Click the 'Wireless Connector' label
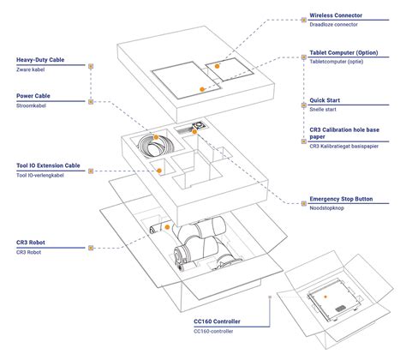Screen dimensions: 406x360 [336, 15]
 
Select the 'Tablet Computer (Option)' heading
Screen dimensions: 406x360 [343, 53]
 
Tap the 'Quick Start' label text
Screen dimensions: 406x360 [325, 100]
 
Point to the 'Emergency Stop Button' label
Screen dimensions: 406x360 [341, 199]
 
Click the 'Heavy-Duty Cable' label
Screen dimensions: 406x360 [40, 60]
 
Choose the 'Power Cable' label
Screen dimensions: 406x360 [33, 96]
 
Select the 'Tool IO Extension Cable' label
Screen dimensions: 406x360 [48, 165]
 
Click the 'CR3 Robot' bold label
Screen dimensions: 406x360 [31, 243]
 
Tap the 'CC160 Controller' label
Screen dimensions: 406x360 [217, 321]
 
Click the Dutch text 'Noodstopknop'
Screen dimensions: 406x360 [326, 208]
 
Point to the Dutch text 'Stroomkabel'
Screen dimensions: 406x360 [31, 105]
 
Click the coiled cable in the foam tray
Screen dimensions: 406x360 [154, 146]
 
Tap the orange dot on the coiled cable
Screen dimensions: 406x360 [156, 137]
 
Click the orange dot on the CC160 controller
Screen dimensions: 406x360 [325, 297]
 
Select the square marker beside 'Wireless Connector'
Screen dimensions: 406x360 [304, 20]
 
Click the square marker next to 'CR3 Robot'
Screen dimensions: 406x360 [91, 248]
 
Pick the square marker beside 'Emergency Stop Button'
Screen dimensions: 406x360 [304, 203]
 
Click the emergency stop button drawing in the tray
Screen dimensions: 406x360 [199, 125]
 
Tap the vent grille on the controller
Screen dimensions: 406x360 [340, 309]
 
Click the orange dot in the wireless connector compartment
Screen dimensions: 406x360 [217, 66]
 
